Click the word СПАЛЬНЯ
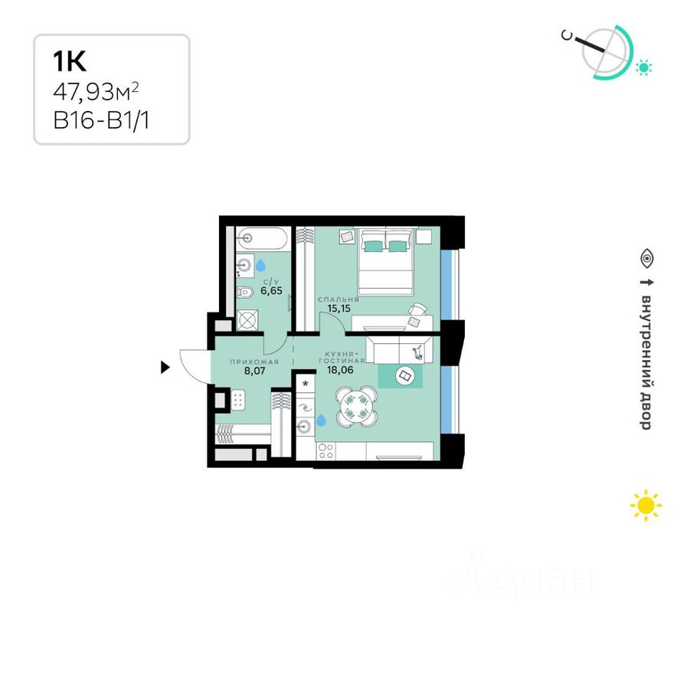click(x=339, y=299)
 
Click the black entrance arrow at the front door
click(x=165, y=368)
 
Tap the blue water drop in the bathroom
click(x=261, y=265)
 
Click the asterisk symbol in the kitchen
click(x=306, y=384)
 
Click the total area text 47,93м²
click(x=95, y=93)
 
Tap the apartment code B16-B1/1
click(x=100, y=119)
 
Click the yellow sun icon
click(x=646, y=505)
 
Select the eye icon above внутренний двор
click(x=646, y=259)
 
